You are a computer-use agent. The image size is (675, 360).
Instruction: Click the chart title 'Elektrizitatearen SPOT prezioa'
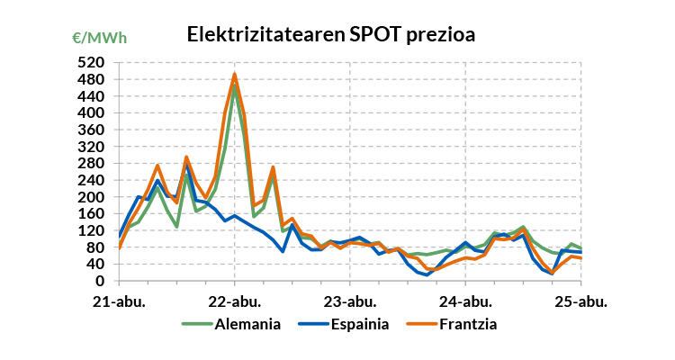(330, 34)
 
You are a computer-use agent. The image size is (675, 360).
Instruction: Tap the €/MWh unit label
(99, 38)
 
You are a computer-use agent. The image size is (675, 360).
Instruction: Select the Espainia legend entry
(355, 323)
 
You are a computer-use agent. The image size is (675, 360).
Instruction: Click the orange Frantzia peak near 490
(235, 75)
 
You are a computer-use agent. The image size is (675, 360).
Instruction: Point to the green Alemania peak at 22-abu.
(235, 87)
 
